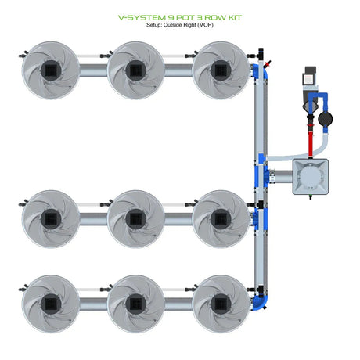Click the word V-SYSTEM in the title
pos(142,17)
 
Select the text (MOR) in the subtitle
pos(205,25)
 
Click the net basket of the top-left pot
pos(51,70)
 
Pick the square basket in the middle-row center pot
pos(135,218)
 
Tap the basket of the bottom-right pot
pos(221,304)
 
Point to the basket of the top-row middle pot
pos(135,70)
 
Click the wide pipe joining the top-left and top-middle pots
pos(93,70)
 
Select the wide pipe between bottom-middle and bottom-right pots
pos(178,304)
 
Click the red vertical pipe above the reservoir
pos(311,143)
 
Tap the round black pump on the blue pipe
pos(326,119)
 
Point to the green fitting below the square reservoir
pos(311,196)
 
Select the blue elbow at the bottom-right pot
pos(260,301)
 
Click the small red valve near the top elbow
pos(268,63)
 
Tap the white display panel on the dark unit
pos(308,79)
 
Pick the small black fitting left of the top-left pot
pos(23,55)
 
